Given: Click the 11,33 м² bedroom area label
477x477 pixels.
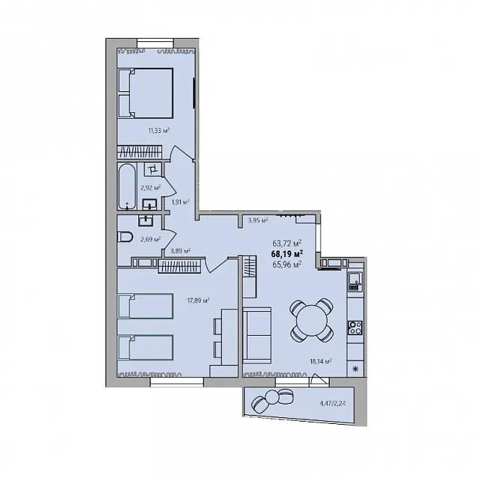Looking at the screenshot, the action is click(x=159, y=131).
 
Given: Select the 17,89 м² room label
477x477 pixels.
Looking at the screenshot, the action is click(x=198, y=301).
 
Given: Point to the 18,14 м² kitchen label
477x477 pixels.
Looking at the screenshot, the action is click(x=320, y=361).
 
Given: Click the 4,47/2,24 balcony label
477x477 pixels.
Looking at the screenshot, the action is click(x=333, y=404).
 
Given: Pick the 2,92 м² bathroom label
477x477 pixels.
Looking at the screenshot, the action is click(x=150, y=188).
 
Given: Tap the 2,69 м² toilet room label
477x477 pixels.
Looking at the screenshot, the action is click(x=150, y=239).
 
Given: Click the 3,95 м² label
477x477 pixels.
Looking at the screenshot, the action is click(x=258, y=221).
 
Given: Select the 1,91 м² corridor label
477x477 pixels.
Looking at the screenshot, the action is click(x=180, y=202).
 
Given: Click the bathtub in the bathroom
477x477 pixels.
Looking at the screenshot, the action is click(x=126, y=186).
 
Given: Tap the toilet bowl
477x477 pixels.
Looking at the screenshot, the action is click(x=125, y=237).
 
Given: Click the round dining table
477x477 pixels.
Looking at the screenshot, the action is click(x=312, y=320).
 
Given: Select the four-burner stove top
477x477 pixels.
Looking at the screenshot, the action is click(x=355, y=327).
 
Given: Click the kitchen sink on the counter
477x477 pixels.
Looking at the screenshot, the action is click(x=355, y=281).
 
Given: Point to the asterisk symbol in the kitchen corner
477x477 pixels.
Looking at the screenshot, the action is click(x=355, y=369).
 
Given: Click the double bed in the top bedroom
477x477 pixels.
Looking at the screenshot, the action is click(x=145, y=93).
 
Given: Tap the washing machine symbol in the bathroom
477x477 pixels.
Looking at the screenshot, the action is click(x=153, y=168).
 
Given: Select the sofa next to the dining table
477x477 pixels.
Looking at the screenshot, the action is click(x=256, y=336).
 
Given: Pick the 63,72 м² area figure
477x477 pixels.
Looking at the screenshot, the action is click(x=287, y=244).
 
